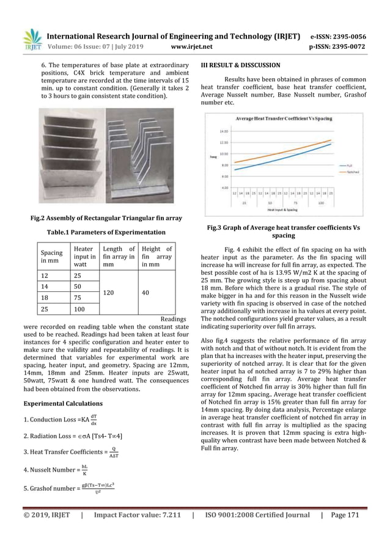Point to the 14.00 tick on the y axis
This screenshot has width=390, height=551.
click(x=224, y=131)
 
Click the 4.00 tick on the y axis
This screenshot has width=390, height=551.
click(x=224, y=188)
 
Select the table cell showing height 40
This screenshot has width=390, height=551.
click(x=145, y=293)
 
